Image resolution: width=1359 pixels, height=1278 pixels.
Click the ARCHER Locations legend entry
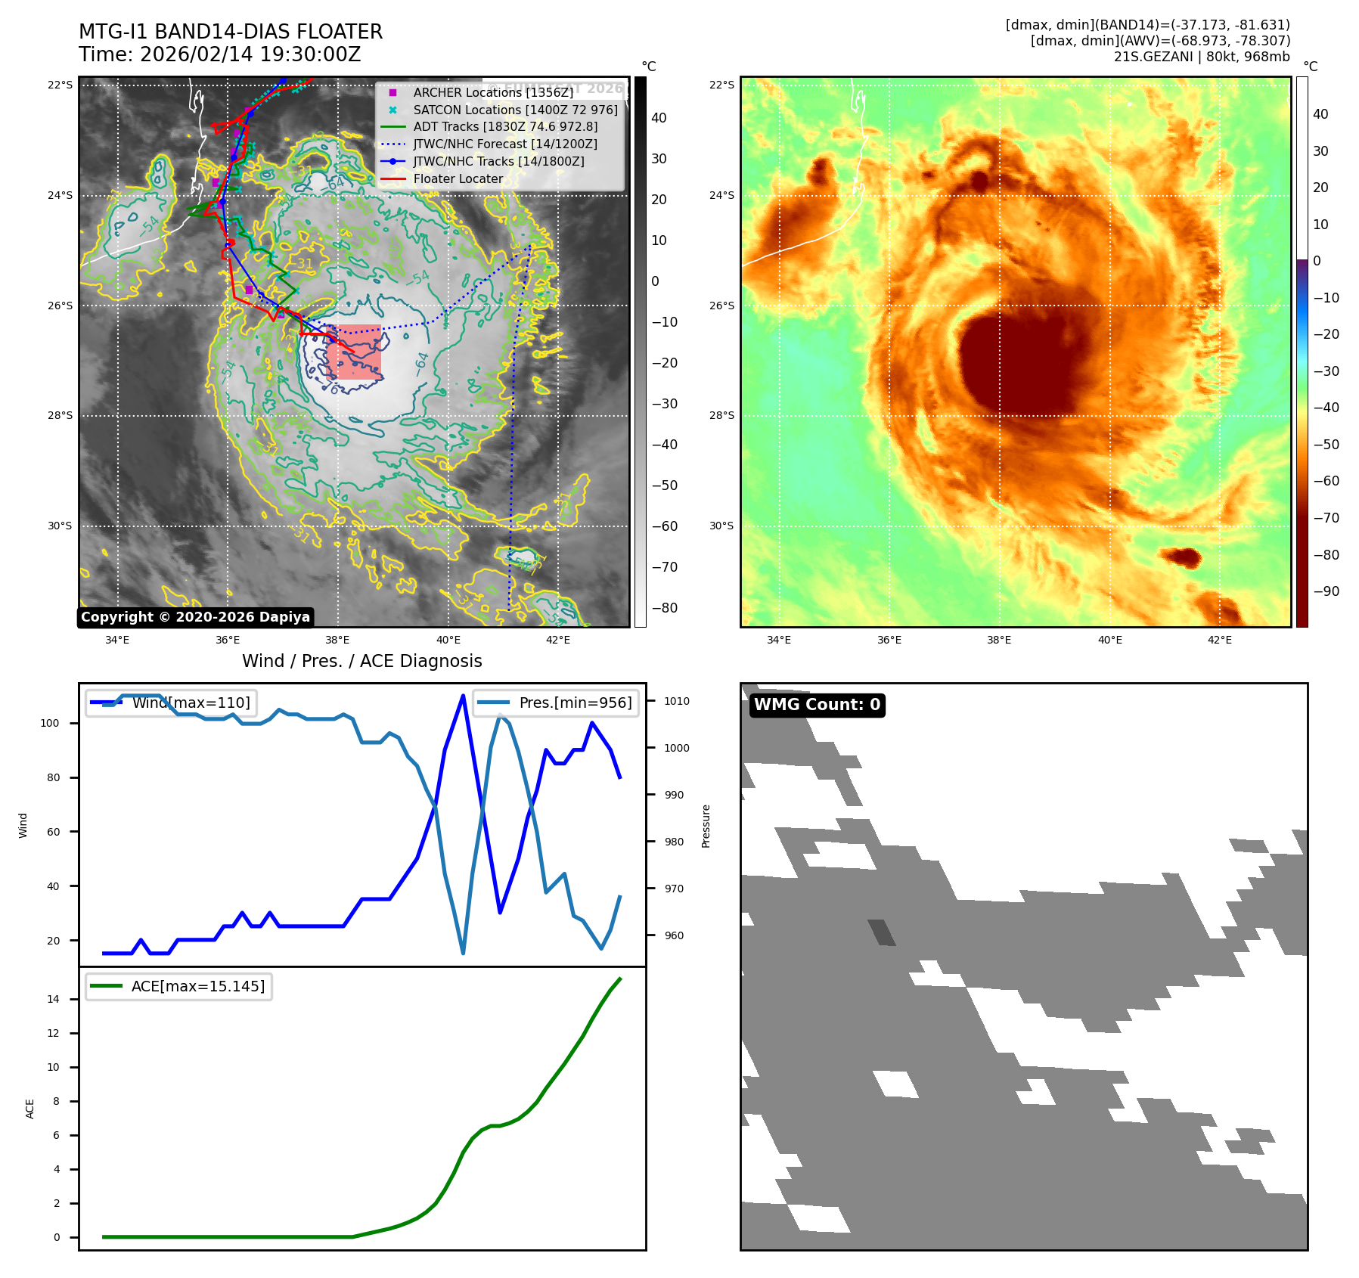[492, 92]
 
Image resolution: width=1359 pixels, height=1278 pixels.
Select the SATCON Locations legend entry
[514, 110]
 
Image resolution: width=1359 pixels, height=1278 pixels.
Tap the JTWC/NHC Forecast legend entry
[504, 144]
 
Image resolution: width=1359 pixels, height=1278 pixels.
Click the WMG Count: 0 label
[817, 705]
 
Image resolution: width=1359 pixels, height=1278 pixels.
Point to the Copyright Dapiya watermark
[195, 617]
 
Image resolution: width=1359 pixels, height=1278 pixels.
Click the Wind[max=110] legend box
[170, 703]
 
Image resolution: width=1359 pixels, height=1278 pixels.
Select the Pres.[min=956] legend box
[556, 703]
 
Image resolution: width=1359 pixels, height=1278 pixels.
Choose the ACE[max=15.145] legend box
[178, 986]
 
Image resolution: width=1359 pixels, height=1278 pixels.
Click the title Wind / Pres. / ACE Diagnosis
[361, 661]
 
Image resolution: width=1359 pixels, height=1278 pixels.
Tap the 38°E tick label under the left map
[337, 640]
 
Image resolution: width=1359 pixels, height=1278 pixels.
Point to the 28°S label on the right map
[721, 415]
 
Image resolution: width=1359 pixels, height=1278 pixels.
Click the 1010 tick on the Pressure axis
[677, 701]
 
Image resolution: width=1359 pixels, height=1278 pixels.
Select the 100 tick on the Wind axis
[49, 723]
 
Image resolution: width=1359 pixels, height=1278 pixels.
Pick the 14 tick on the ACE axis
[53, 999]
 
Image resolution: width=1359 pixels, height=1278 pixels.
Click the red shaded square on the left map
[354, 352]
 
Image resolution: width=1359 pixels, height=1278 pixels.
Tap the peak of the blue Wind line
[463, 695]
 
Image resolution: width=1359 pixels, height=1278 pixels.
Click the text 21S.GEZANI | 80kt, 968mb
[1202, 56]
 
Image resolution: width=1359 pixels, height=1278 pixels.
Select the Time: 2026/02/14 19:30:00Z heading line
[219, 54]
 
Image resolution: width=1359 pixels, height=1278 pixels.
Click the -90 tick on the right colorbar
[1326, 591]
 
